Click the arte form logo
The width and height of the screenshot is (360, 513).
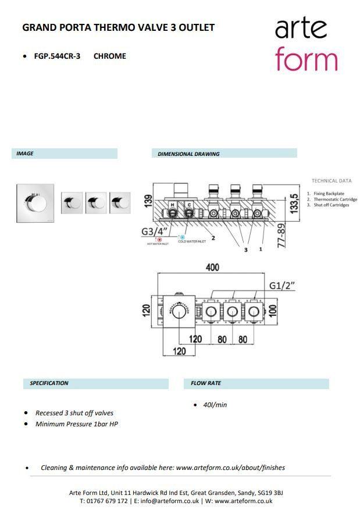click(x=306, y=44)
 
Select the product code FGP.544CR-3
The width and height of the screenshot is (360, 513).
click(x=57, y=56)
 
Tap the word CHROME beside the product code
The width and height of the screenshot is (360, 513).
click(x=109, y=56)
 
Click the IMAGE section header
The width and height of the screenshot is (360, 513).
click(x=25, y=154)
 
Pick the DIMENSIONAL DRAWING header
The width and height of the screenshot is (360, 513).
click(x=188, y=154)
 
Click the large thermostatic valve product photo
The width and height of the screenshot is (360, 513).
click(x=35, y=203)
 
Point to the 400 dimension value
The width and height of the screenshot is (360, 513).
click(x=212, y=268)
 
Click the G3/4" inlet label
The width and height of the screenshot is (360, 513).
click(x=154, y=231)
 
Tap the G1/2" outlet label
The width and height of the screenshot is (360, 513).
click(x=282, y=285)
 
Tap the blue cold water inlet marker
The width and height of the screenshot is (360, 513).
click(x=182, y=237)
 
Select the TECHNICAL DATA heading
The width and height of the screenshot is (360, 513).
click(x=332, y=181)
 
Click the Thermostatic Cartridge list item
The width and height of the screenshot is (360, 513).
click(x=335, y=199)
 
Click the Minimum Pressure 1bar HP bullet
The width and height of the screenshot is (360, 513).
click(x=77, y=424)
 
